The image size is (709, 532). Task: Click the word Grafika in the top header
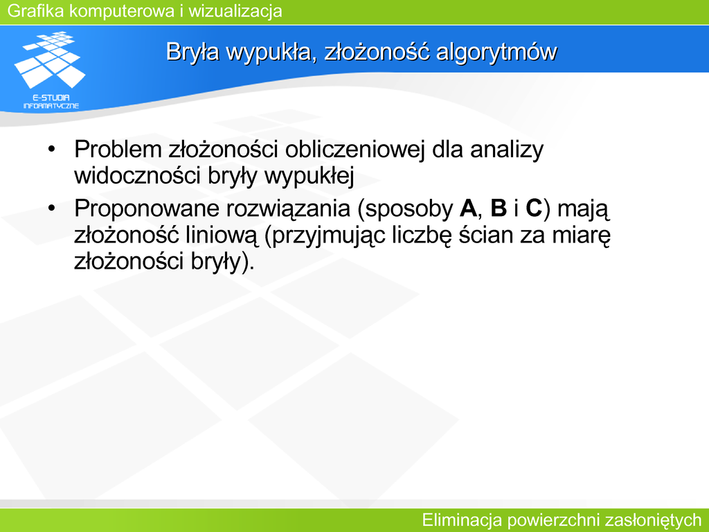click(36, 11)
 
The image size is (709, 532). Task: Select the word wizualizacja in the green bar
click(235, 11)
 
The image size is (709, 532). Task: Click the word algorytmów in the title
click(496, 52)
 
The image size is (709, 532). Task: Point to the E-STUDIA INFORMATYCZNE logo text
click(51, 102)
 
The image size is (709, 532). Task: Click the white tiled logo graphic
click(50, 60)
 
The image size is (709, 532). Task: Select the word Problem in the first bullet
click(118, 150)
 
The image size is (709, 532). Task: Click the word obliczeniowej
click(354, 150)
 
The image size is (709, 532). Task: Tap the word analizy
click(507, 150)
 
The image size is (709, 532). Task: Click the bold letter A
click(468, 209)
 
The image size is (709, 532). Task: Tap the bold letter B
click(499, 209)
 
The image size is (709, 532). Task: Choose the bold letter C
click(534, 209)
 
